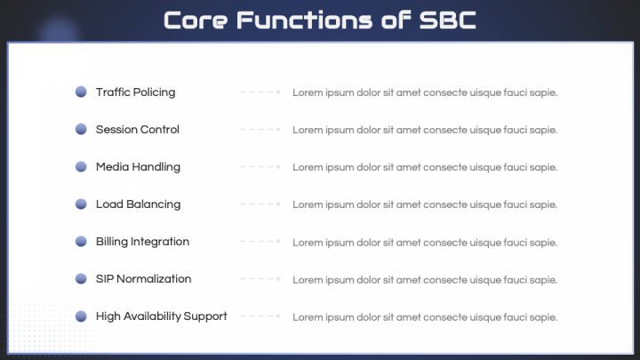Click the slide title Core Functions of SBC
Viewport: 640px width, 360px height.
click(320, 20)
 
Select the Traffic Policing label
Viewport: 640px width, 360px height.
click(135, 92)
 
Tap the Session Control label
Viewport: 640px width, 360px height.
click(137, 130)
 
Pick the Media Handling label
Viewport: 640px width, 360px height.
click(138, 167)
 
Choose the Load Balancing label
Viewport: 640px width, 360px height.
click(138, 204)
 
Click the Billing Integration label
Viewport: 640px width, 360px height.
click(142, 242)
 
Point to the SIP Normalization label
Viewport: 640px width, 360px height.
click(143, 279)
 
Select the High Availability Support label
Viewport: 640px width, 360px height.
click(161, 316)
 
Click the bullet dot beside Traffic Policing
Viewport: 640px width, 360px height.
click(81, 92)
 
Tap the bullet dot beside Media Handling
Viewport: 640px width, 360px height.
click(81, 166)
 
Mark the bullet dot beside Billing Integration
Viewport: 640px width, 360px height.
click(81, 241)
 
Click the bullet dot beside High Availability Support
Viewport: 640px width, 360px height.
click(81, 316)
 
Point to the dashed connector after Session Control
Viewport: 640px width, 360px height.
click(260, 129)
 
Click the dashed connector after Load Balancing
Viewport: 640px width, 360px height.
click(260, 204)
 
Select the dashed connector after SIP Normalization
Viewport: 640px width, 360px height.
click(260, 278)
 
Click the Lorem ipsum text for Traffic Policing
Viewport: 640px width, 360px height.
click(425, 92)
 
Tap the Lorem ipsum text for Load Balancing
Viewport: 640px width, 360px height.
click(425, 204)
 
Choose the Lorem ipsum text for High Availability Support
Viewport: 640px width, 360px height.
click(425, 317)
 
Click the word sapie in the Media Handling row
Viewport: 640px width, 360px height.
click(544, 168)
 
